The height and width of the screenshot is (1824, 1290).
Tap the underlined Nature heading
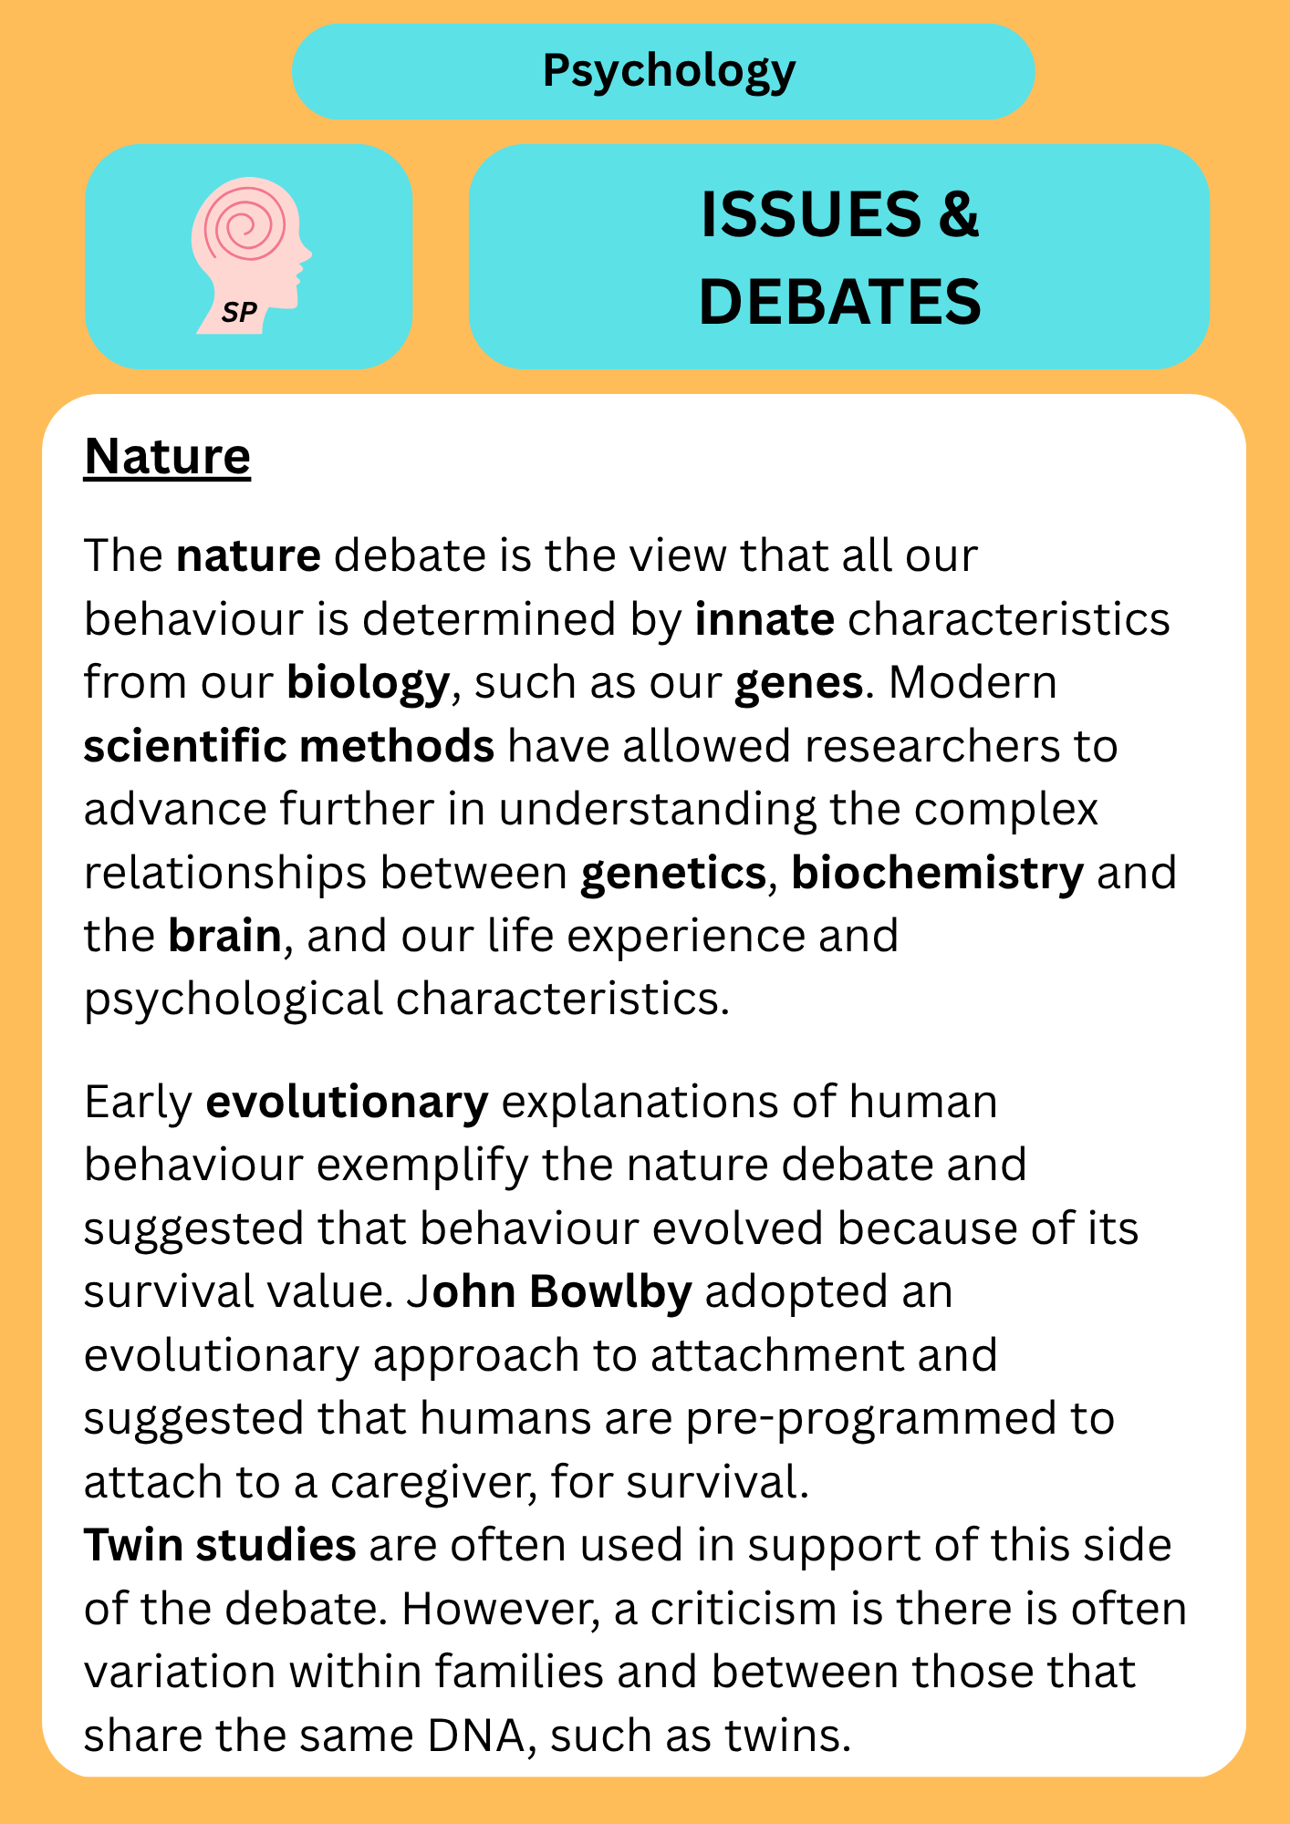click(x=167, y=456)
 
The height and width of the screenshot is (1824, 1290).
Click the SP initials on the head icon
click(x=239, y=314)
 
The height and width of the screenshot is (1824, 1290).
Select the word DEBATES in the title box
click(x=839, y=302)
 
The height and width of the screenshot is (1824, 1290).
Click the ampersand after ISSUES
click(x=958, y=215)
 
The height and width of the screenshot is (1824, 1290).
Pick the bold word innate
click(x=765, y=619)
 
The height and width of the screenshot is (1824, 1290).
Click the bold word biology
click(x=368, y=684)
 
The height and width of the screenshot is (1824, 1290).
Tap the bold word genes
click(x=799, y=684)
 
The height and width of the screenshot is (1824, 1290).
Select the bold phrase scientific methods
click(x=289, y=746)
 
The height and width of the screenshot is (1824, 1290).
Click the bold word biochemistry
click(x=937, y=874)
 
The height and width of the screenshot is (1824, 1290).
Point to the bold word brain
click(x=224, y=936)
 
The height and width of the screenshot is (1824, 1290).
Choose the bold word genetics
click(x=673, y=874)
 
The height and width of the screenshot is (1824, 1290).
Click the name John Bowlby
click(x=549, y=1292)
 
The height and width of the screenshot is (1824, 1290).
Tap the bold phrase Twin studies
click(x=220, y=1545)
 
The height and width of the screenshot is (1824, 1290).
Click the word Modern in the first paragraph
click(x=973, y=683)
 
